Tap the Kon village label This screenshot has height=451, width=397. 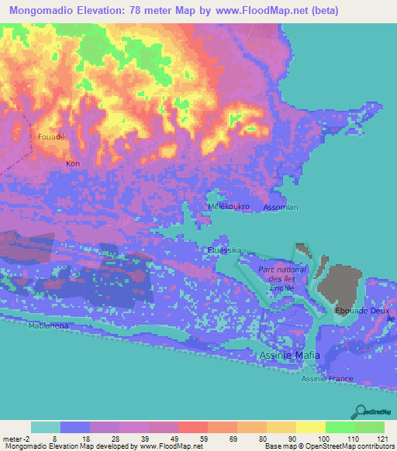pos(73,164)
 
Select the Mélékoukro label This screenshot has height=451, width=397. pos(226,208)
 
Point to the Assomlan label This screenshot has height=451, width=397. pos(281,208)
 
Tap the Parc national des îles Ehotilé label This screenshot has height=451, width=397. pos(282,277)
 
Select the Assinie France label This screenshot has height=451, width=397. pos(327,379)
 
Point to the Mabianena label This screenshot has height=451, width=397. pos(49,326)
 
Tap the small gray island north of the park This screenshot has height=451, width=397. pos(300,253)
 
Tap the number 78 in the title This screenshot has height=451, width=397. pos(144,9)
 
